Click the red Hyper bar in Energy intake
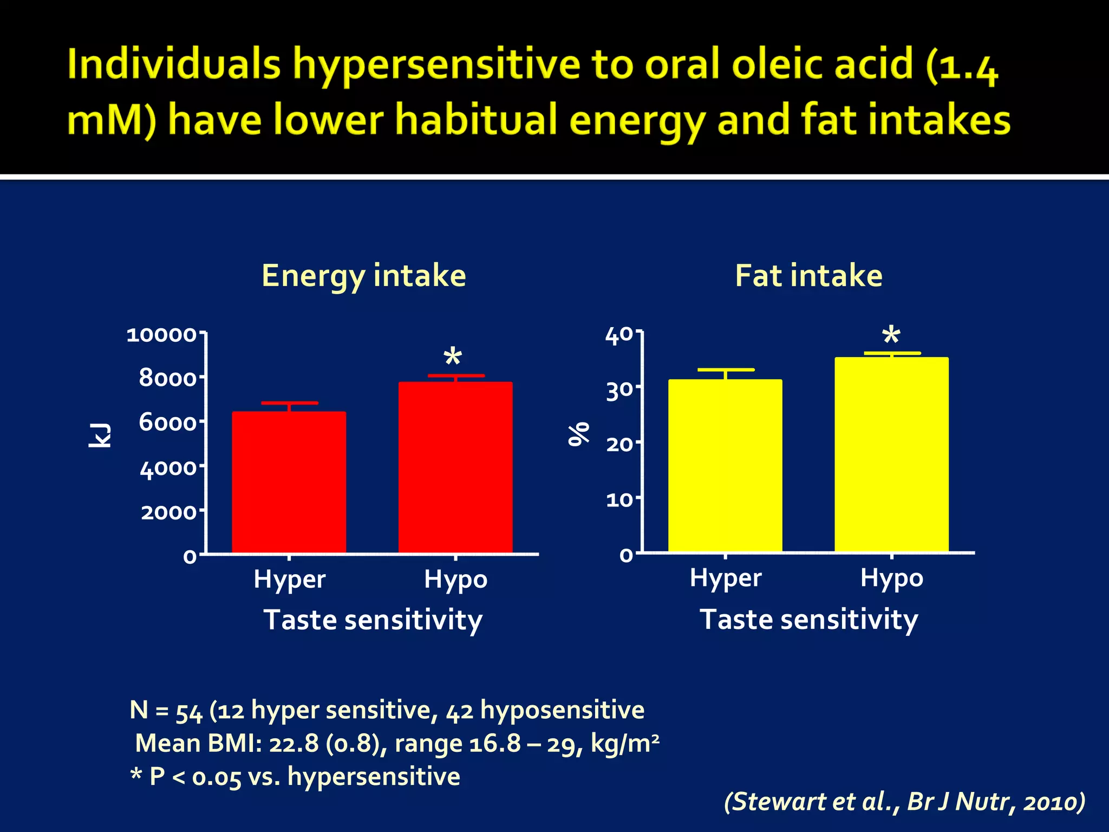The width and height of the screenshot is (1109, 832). point(289,482)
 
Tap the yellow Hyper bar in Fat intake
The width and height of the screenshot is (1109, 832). point(725,466)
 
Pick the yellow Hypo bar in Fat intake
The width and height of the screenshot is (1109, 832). point(891,454)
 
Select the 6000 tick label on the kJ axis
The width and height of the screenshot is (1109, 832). point(167,422)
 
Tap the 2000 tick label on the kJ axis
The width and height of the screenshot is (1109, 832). point(168,512)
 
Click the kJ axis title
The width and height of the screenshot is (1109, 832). point(100,435)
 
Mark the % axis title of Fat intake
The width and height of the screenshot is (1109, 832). point(578,433)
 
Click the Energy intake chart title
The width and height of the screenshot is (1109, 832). point(363,276)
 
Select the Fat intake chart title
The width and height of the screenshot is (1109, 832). point(808,276)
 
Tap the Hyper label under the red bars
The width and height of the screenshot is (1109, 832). point(290,580)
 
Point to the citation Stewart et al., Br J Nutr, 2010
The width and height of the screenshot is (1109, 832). point(904,802)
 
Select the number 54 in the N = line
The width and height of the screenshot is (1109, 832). point(189,712)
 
